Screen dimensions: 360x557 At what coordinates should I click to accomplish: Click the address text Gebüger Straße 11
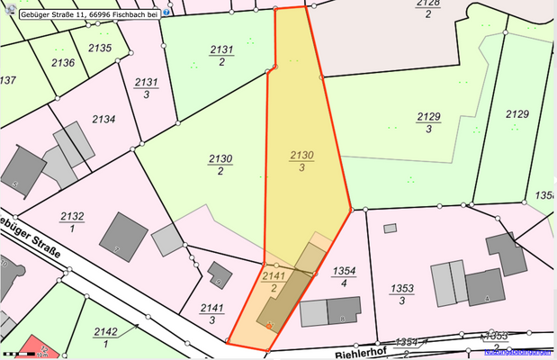click(49, 13)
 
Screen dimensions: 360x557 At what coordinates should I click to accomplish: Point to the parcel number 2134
click(104, 119)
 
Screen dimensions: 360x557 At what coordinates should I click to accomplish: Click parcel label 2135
click(101, 48)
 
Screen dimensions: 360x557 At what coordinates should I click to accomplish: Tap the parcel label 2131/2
click(221, 56)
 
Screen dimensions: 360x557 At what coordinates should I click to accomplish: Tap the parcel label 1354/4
click(346, 276)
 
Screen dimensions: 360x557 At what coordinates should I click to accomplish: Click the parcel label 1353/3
click(402, 294)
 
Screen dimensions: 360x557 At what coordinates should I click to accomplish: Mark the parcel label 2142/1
click(105, 337)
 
